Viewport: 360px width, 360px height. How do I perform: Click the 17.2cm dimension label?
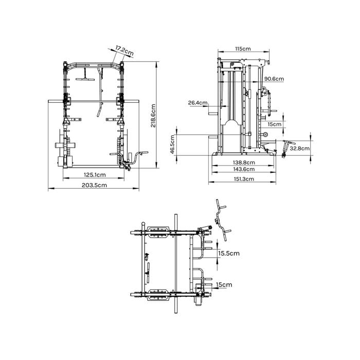point(124,51)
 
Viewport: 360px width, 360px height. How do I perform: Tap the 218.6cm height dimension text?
point(153,116)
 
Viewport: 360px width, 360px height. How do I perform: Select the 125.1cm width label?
point(95,175)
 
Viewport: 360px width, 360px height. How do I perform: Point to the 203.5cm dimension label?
point(94,185)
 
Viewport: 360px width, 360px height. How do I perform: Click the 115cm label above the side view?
point(243,49)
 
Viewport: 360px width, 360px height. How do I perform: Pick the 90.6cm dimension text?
point(274,79)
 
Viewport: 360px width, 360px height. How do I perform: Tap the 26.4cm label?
point(197,103)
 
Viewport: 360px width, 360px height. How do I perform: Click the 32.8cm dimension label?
point(299,148)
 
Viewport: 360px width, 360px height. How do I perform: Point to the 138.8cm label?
point(244,163)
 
